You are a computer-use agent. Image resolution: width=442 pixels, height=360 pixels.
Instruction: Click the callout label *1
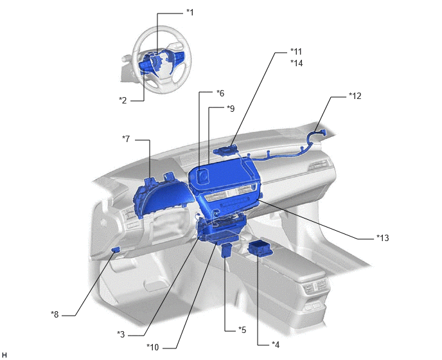point(190,12)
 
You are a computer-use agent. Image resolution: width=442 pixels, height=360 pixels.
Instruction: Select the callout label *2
point(123,100)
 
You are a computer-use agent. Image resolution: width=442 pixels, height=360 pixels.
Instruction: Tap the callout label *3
point(121,334)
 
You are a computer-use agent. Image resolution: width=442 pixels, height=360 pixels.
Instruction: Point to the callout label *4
point(276,345)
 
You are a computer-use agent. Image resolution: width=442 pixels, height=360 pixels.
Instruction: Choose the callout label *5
point(242,330)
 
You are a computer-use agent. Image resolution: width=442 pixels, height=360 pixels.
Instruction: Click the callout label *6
point(220,93)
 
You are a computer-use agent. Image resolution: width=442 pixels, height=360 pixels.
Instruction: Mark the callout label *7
point(126,139)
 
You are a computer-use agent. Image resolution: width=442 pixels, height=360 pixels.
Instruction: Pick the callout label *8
point(55,314)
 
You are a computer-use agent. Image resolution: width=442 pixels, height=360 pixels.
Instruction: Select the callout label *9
point(231,109)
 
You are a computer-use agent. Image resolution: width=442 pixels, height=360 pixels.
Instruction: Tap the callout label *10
point(153,347)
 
